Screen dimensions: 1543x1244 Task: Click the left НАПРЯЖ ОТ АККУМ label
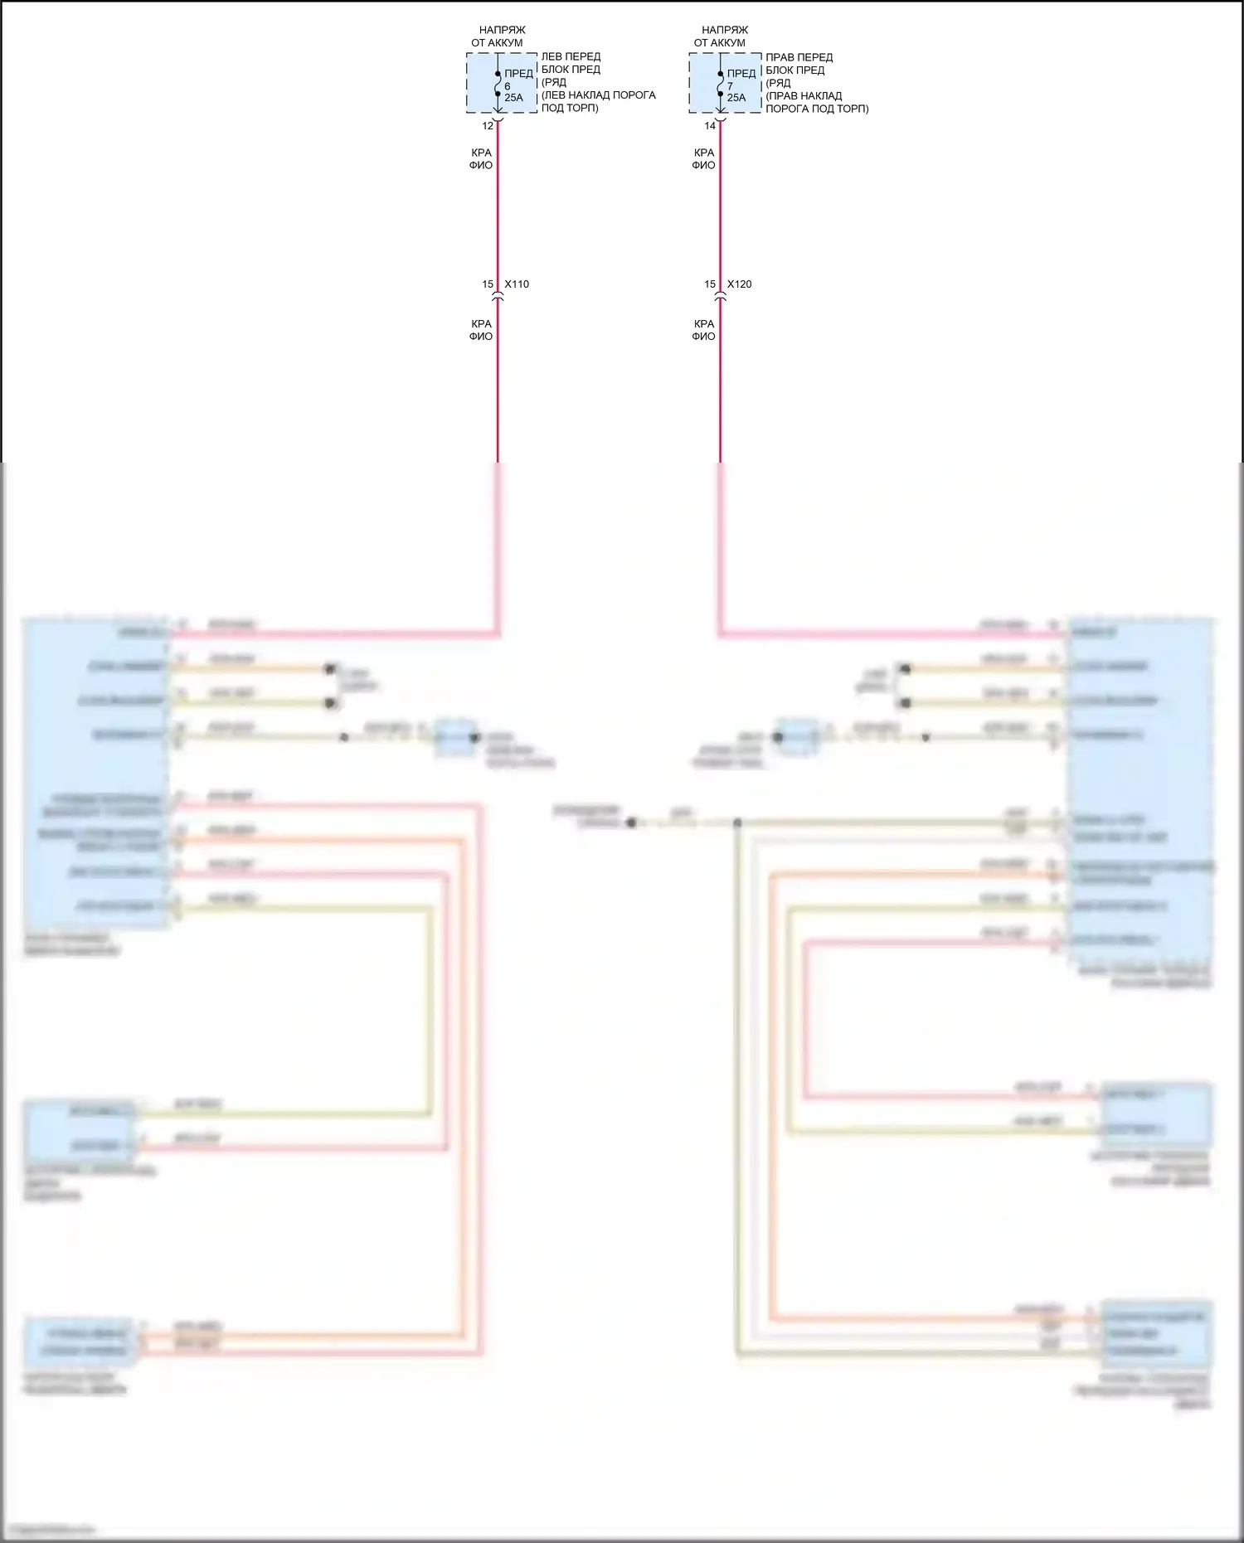pos(498,36)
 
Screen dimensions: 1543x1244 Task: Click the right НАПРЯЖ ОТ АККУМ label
pos(720,36)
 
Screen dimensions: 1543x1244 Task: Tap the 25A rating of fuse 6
pos(513,98)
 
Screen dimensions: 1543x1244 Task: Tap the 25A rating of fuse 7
pos(736,98)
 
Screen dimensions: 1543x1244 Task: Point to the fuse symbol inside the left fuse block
pos(498,83)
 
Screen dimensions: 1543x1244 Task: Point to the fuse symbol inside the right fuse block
pos(720,83)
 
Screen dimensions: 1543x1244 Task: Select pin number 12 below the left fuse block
pos(488,126)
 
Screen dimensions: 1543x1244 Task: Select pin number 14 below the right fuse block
pos(710,126)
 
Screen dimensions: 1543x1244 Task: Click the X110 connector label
pos(517,284)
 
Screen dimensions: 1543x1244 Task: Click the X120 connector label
pos(739,284)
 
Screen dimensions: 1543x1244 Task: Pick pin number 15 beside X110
pos(488,284)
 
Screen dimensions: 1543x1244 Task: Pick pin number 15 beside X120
pos(710,284)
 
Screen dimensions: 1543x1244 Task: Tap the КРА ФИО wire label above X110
pos(481,158)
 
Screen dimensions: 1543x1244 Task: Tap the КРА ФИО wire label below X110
pos(481,330)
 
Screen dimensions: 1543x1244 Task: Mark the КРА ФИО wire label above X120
pos(703,158)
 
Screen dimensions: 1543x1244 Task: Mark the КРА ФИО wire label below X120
pos(703,330)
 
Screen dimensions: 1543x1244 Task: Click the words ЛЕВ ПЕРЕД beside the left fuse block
pos(571,56)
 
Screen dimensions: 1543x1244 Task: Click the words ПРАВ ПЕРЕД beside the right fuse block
pos(799,57)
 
